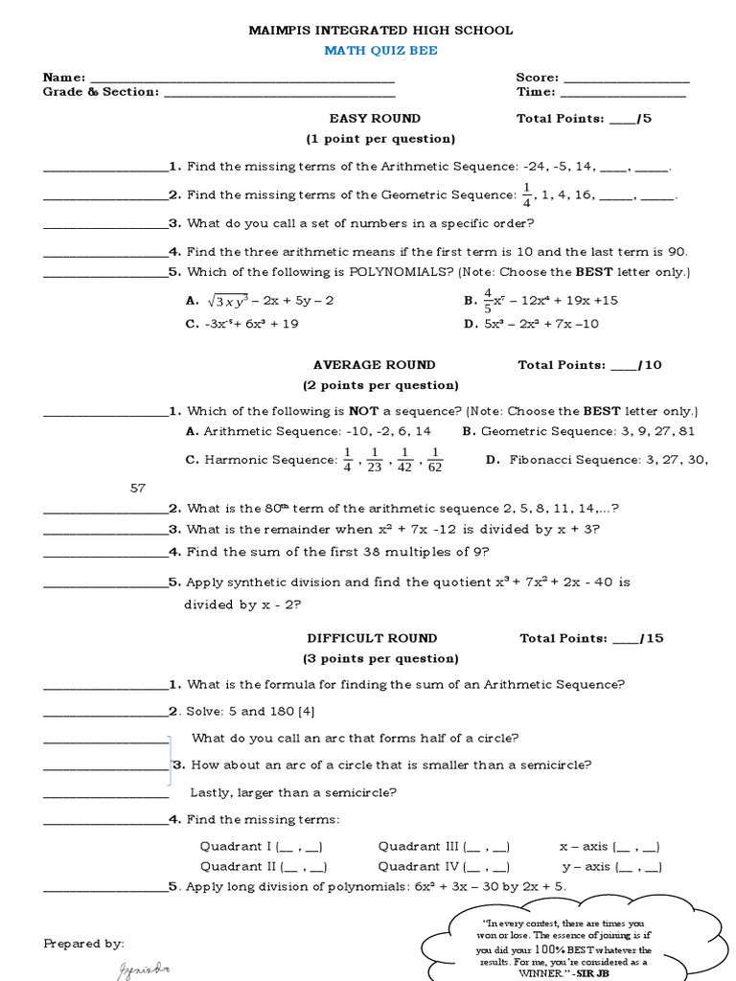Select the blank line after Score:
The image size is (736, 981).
pyautogui.click(x=626, y=79)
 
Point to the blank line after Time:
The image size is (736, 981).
pyautogui.click(x=622, y=93)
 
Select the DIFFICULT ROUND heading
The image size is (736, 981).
pyautogui.click(x=372, y=638)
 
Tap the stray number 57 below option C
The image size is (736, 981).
pyautogui.click(x=138, y=488)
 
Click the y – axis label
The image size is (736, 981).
pyautogui.click(x=585, y=867)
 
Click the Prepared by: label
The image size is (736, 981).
pyautogui.click(x=84, y=944)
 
